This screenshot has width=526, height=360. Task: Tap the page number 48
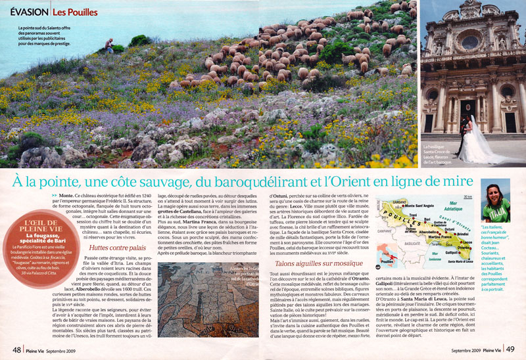coord(13,349)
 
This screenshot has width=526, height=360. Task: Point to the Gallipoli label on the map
coord(451,253)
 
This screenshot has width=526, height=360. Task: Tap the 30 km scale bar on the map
coord(468,197)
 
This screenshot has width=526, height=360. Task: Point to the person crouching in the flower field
coord(108,45)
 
